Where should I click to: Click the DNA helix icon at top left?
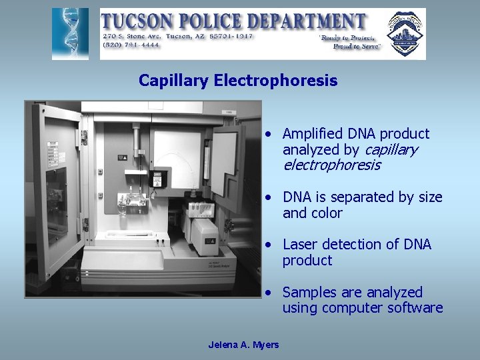click(x=70, y=34)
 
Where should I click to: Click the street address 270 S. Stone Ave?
click(x=134, y=36)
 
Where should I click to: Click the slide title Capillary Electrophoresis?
click(x=238, y=81)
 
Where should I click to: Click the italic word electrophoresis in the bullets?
click(x=331, y=165)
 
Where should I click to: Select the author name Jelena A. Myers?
click(x=243, y=345)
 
